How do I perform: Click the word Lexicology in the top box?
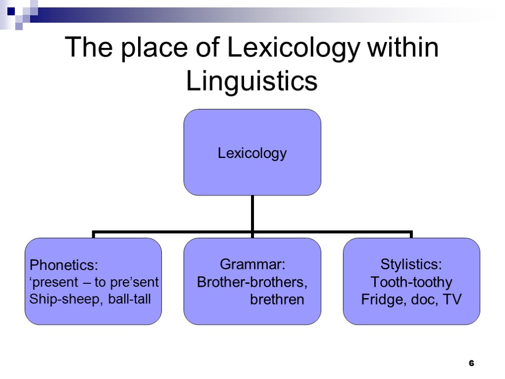tap(252, 153)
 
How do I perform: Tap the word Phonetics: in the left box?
tap(64, 265)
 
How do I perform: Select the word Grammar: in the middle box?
tap(252, 265)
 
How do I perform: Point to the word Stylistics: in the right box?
tap(411, 265)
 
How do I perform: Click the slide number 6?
tap(471, 364)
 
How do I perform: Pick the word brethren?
tap(277, 300)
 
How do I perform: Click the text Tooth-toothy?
tap(411, 282)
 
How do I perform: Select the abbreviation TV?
tap(451, 300)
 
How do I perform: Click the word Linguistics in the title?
tap(252, 81)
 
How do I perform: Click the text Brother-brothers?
tap(252, 282)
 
